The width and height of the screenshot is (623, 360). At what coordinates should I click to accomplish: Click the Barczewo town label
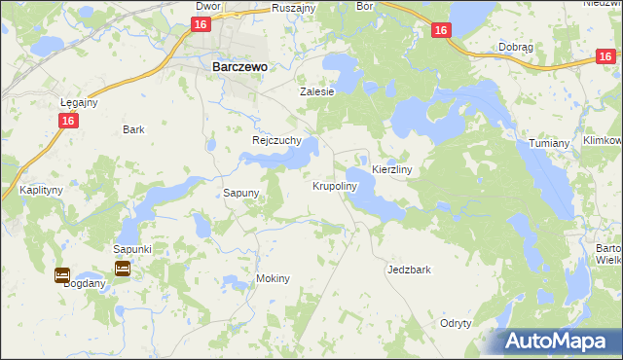239,67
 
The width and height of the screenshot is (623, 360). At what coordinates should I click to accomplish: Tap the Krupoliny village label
336,185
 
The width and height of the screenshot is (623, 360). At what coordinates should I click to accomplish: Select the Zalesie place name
316,91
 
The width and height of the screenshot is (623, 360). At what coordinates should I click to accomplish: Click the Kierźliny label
393,169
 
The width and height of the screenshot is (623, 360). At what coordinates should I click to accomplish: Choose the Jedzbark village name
409,270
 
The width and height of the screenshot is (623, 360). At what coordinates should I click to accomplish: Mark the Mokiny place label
273,278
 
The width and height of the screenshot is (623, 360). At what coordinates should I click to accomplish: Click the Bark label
133,129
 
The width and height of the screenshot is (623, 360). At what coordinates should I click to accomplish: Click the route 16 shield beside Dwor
201,24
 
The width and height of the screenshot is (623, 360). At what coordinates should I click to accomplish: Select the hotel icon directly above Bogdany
62,274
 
